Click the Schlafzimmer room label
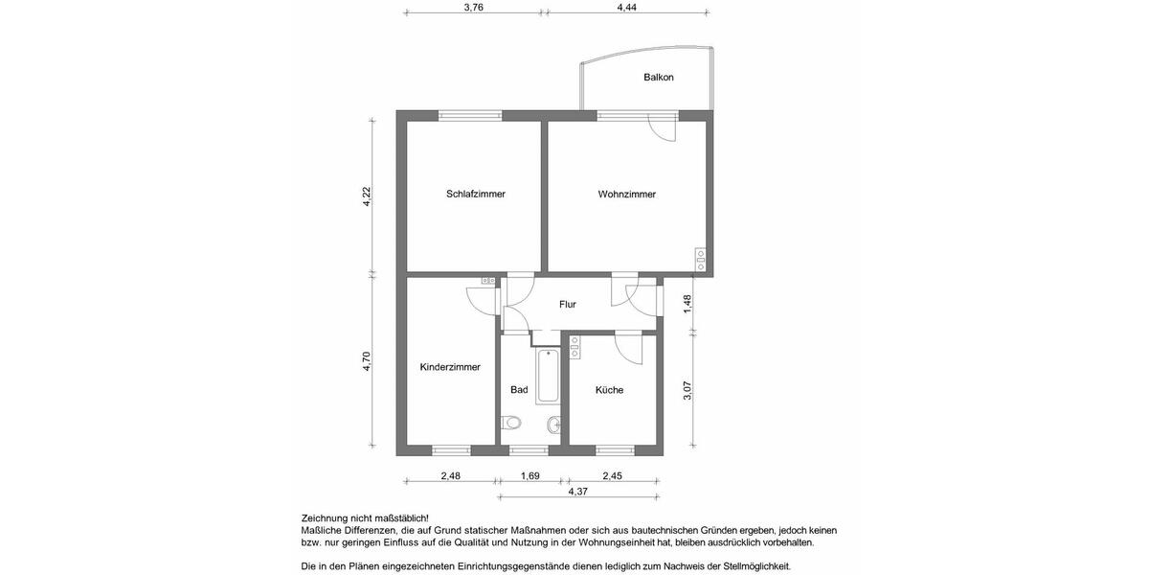point(475,195)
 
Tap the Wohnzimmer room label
point(626,195)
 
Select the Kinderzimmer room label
point(450,367)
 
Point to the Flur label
point(568,305)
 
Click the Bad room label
point(519,390)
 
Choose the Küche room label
point(609,390)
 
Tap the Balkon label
point(658,77)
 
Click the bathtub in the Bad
point(548,378)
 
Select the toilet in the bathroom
point(511,423)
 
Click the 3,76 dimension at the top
point(473,7)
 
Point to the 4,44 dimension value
point(626,7)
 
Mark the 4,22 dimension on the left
point(366,196)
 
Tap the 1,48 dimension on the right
point(687,303)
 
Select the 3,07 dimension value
point(687,391)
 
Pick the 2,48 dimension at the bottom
point(450,475)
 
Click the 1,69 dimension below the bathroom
point(529,475)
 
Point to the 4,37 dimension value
point(578,492)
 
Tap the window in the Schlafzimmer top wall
point(471,115)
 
